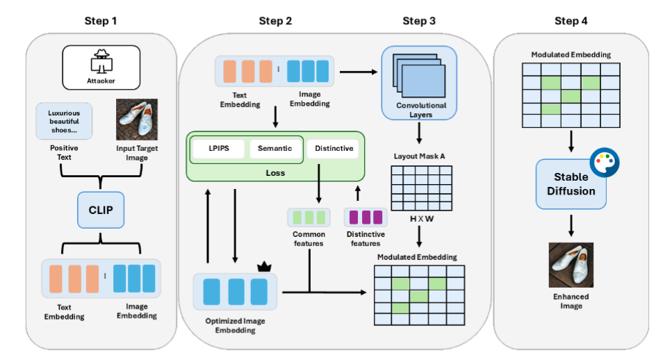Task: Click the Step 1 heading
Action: click(100, 21)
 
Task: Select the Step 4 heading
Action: click(571, 21)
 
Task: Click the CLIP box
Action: click(101, 210)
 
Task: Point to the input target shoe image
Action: click(137, 120)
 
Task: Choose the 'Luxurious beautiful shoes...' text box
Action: click(64, 119)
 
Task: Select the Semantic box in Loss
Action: click(275, 148)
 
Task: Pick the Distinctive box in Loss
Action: click(334, 148)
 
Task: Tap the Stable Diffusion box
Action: click(570, 183)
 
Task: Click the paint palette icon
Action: click(605, 162)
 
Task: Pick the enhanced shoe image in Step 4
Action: click(570, 265)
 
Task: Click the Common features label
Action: click(309, 239)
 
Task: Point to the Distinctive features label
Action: click(366, 239)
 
